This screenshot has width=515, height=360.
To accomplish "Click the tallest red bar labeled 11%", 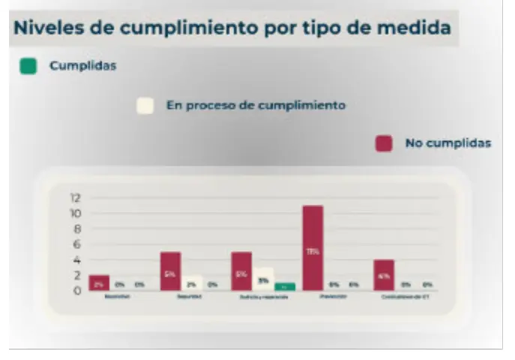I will [313, 247].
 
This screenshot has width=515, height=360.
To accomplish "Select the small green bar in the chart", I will [284, 286].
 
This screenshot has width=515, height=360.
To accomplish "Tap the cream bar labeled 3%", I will [262, 279].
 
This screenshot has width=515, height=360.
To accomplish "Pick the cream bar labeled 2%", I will [192, 283].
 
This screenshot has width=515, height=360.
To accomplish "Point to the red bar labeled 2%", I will [99, 283].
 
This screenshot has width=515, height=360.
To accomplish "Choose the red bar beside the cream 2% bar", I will [170, 271].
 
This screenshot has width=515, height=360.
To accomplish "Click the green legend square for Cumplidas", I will [28, 66].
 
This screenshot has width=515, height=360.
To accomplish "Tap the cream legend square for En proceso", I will [145, 106].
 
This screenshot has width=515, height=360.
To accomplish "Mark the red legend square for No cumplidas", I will [384, 142].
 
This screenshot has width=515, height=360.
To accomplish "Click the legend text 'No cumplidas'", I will [448, 142].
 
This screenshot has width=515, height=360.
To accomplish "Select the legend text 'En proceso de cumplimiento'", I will [256, 106].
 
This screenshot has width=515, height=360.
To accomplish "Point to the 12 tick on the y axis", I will [74, 199].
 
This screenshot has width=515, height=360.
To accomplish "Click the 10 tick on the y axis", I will [74, 214].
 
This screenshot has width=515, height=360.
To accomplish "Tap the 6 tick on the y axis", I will [76, 244].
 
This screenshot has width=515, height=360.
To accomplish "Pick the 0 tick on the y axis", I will [76, 291].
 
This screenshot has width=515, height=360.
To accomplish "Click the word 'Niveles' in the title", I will [47, 28].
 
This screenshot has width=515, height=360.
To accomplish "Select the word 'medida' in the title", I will [416, 28].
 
